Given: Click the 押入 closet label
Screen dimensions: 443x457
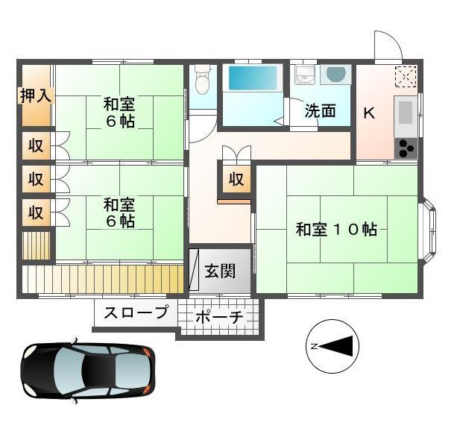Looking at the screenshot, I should click(34, 95).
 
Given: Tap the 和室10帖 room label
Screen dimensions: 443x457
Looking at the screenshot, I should click(336, 229).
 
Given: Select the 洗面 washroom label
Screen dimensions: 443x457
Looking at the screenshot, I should click(319, 111).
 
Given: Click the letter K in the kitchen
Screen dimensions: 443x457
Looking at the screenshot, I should click(368, 113).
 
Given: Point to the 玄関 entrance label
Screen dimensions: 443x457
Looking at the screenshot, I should click(219, 270).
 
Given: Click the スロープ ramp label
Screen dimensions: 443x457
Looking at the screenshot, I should click(136, 312).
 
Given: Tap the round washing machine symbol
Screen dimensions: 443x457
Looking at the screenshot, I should click(336, 75).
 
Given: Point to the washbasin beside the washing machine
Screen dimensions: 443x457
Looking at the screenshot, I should click(304, 75).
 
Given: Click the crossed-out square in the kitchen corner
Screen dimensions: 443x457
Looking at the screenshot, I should click(406, 75).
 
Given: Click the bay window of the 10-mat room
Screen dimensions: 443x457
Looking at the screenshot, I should click(430, 230).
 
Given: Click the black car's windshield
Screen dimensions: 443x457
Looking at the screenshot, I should click(112, 368).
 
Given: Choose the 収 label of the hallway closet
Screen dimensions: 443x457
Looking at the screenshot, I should click(236, 179).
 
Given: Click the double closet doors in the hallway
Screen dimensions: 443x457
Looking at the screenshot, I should click(236, 152).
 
